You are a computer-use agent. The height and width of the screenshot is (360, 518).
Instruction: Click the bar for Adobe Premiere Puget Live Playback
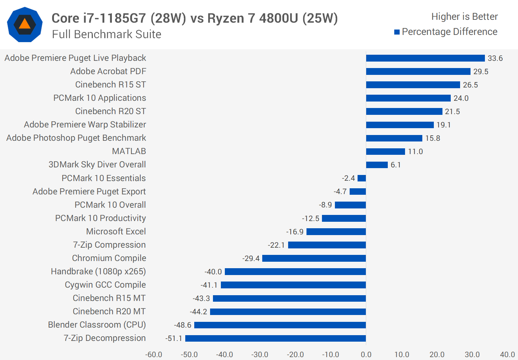click(x=425, y=58)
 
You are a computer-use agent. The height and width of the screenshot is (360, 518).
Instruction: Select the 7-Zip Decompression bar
click(x=276, y=338)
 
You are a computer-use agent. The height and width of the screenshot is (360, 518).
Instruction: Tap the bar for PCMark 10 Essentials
click(x=362, y=178)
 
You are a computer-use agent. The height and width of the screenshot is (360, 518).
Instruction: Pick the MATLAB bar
click(x=385, y=152)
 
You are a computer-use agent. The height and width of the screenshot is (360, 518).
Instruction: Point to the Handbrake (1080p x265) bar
click(x=295, y=272)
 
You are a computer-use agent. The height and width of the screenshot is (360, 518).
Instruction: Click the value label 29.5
click(x=481, y=72)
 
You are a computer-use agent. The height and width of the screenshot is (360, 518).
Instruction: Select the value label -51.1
click(x=174, y=338)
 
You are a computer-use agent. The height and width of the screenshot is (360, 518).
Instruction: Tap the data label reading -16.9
click(x=295, y=232)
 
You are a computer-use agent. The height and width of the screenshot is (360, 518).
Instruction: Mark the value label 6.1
click(x=395, y=165)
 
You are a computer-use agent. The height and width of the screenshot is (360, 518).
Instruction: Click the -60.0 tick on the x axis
click(x=154, y=355)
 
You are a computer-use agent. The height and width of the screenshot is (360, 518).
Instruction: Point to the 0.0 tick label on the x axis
click(x=366, y=355)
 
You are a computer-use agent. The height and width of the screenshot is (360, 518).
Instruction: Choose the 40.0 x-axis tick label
click(x=507, y=355)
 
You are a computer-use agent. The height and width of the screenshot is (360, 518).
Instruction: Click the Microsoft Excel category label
click(x=116, y=231)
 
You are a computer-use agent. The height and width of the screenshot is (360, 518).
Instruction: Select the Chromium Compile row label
click(x=109, y=258)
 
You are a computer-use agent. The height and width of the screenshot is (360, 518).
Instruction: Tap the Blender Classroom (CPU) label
click(x=97, y=325)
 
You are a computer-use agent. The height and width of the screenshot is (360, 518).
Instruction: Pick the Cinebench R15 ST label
click(x=110, y=85)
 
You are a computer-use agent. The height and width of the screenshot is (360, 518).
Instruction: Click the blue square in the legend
click(x=397, y=32)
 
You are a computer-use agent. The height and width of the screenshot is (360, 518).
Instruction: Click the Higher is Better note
click(x=464, y=17)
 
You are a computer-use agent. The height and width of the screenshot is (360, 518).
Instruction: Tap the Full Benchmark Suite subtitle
click(x=106, y=34)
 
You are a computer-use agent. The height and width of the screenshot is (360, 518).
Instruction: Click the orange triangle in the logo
click(x=24, y=24)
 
